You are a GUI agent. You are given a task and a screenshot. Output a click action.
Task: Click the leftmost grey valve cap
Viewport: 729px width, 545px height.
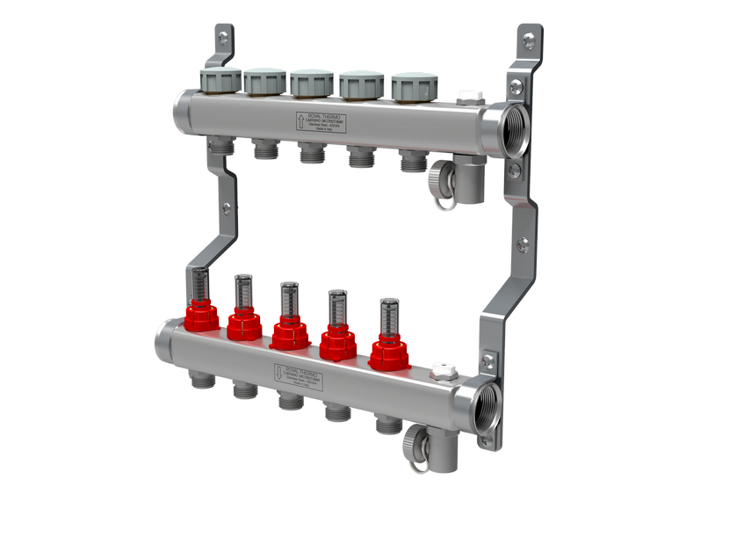(220, 80)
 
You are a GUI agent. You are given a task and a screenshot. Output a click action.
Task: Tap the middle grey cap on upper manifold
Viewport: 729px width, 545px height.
(311, 84)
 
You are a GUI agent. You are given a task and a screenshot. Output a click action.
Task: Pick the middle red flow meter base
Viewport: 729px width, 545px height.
(289, 334)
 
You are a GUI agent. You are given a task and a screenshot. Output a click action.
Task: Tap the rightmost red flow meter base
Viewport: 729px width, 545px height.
(389, 353)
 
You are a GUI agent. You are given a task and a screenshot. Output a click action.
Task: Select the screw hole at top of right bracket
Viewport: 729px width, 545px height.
(528, 40)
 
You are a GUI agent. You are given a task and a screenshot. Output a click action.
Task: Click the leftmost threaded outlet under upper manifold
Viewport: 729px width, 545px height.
(221, 145)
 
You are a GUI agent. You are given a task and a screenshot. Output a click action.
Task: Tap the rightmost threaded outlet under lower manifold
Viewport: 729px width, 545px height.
(387, 425)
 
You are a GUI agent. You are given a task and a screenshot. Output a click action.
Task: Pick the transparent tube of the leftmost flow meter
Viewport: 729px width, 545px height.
(201, 282)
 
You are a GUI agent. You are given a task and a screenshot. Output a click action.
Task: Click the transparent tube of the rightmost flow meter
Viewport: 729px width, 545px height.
(388, 316)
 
